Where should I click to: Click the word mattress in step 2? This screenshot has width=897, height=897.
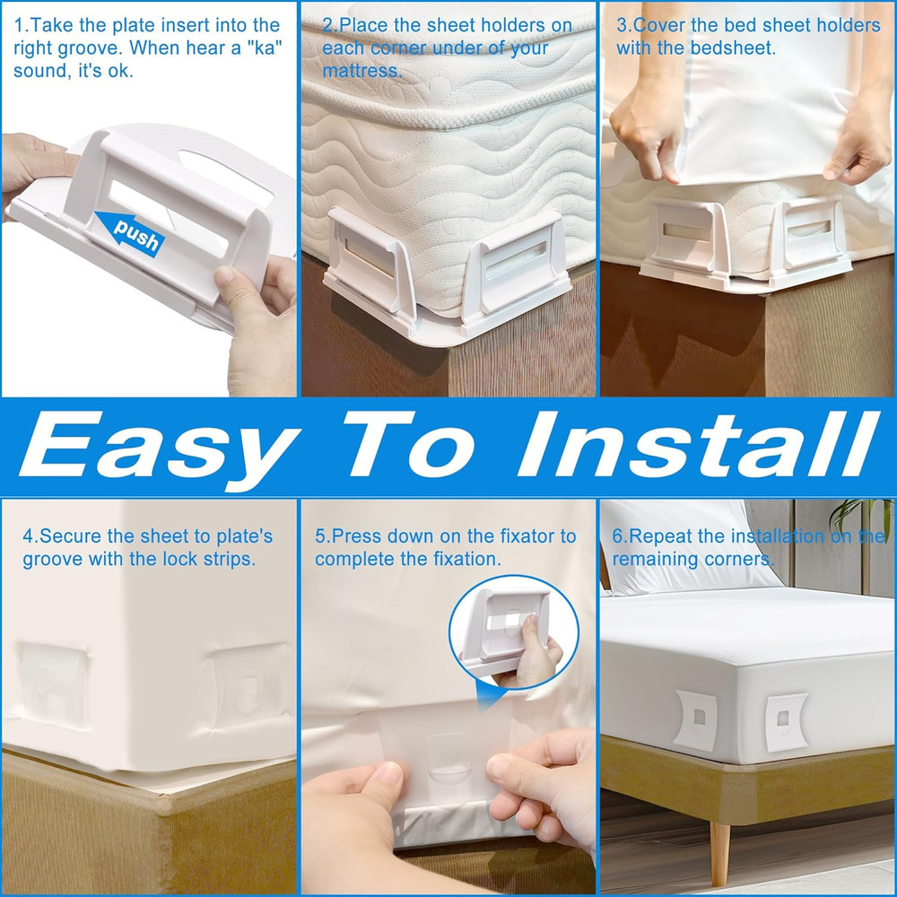361,70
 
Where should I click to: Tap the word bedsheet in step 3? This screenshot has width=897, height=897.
732,48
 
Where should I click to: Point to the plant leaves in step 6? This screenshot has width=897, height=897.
857,520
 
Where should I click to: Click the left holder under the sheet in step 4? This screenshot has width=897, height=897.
54,682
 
